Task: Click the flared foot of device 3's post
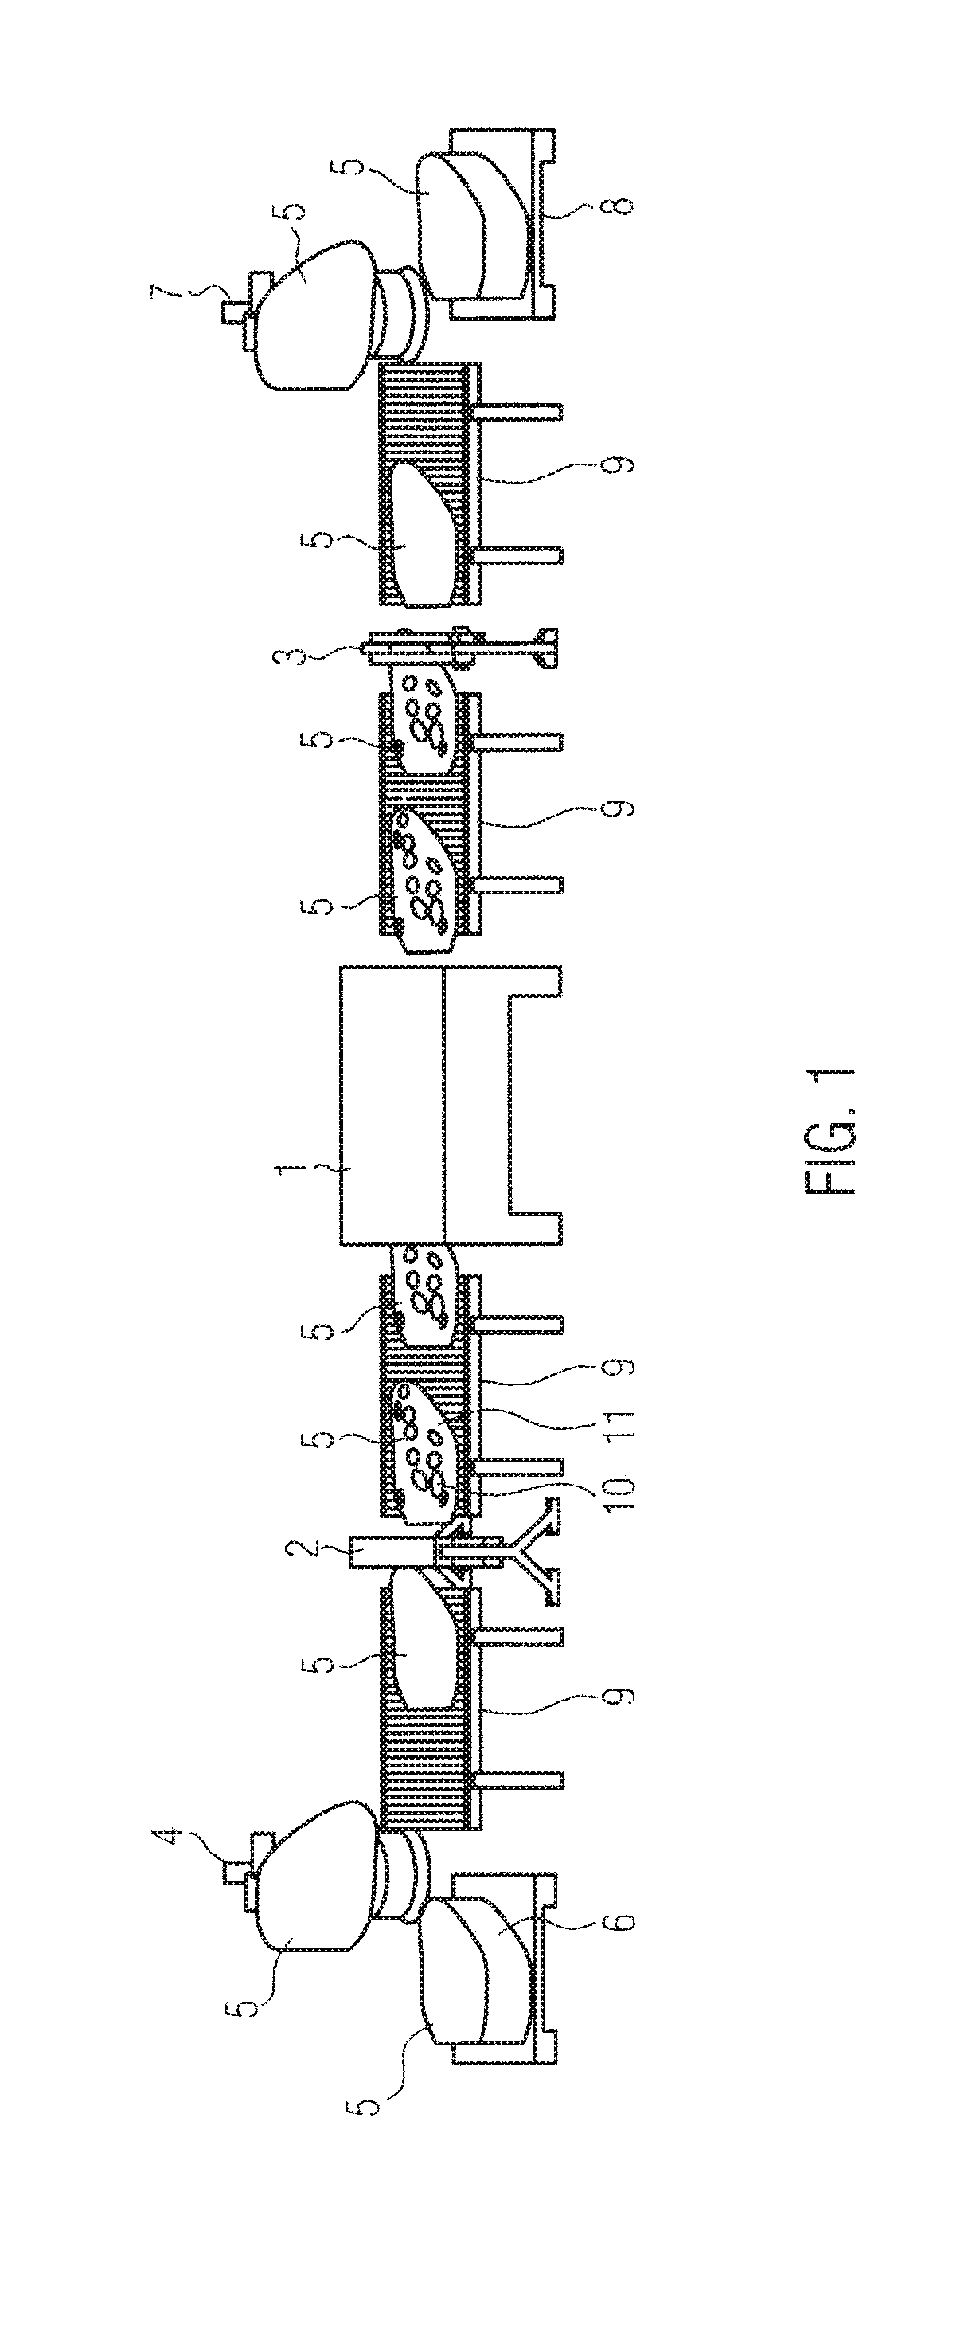click(549, 651)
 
